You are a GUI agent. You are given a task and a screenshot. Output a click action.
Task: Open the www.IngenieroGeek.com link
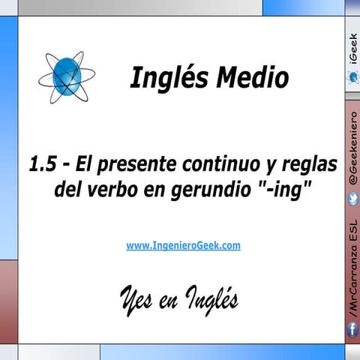tap(184, 245)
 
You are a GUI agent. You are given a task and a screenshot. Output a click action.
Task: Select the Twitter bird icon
tap(352, 197)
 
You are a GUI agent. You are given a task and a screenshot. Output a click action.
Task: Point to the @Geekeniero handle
tap(352, 147)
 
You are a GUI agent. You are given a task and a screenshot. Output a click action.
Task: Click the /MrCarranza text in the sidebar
tap(352, 285)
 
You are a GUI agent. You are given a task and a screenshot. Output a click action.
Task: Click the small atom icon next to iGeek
tap(352, 76)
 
